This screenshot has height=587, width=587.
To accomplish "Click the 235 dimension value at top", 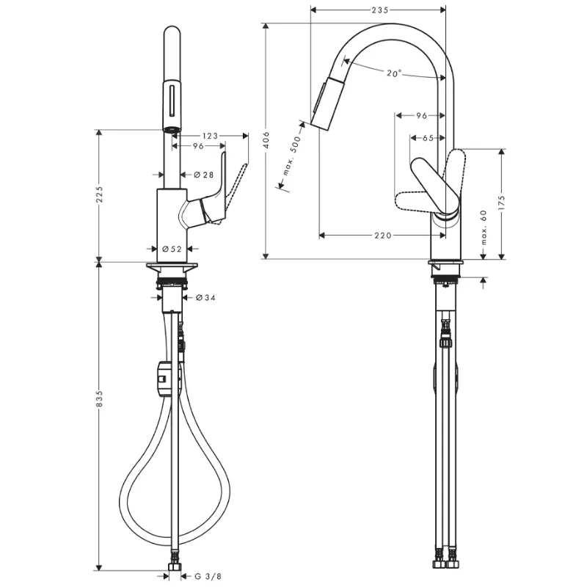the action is tap(380, 10).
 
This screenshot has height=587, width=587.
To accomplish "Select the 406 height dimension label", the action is tap(266, 139).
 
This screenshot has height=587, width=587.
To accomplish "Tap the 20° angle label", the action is tap(394, 73).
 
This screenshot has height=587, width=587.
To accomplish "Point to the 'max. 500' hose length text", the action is tap(292, 156).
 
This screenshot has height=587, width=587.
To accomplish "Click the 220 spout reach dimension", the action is tap(382, 236).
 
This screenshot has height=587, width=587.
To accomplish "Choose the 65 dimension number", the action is tap(428, 138).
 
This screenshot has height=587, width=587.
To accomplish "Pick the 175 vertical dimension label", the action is tap(502, 203).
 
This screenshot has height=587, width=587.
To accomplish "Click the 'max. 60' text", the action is tap(484, 227).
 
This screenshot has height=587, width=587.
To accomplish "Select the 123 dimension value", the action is tap(210, 136).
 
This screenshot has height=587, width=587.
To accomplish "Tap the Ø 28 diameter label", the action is tap(204, 175).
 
